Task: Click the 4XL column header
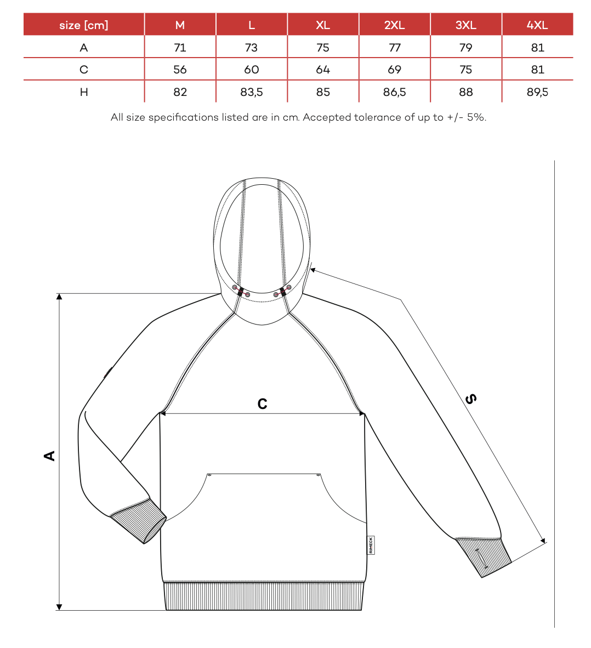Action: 537,25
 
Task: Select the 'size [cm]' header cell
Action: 84,25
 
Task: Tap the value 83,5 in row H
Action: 252,92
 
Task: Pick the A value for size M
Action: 180,48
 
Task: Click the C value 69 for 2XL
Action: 394,70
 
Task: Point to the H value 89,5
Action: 537,92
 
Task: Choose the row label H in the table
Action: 84,92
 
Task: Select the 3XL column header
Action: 466,25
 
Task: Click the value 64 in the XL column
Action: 323,70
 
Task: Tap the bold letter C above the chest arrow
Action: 263,404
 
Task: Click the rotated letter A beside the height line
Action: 50,456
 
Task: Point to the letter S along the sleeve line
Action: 470,399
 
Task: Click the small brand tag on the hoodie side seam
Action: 371,545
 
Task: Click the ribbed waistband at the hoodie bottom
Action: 264,596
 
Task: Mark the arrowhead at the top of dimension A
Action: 59,297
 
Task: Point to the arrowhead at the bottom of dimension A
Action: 59,607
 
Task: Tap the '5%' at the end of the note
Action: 476,117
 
